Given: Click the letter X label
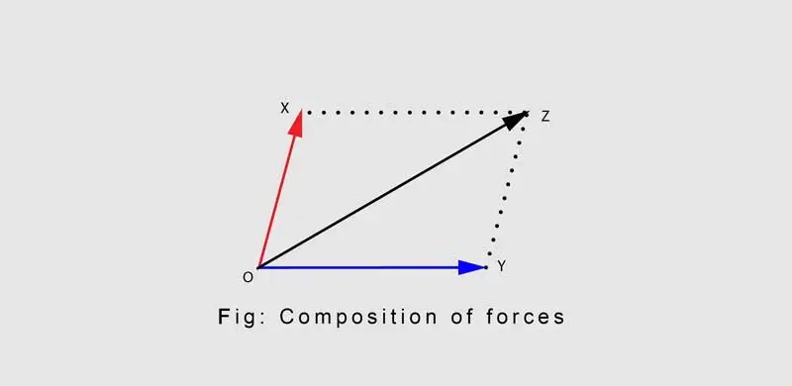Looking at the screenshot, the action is coord(285,108).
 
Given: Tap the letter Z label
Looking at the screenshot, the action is coord(545,117).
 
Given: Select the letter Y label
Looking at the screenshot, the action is coord(501,266).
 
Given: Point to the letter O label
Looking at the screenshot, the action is coord(248,277).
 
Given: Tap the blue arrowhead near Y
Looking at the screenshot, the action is coord(472,267).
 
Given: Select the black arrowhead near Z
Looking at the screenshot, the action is coord(515,120).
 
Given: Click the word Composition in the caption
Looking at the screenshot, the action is coord(358,318).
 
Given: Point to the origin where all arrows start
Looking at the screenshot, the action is coord(258,267).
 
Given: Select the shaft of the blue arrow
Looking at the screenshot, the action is coord(358,267).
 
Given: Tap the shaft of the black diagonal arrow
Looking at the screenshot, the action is coord(382,197).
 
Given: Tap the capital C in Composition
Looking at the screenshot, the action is coord(287,317).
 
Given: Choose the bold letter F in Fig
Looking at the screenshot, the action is coord(224,317).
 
